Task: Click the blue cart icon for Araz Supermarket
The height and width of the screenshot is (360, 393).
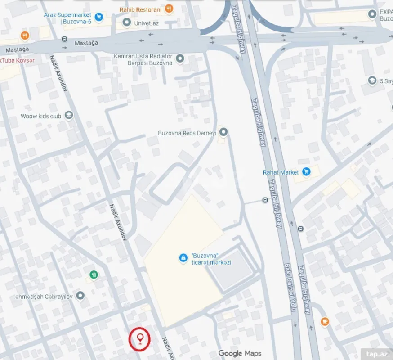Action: point(99,18)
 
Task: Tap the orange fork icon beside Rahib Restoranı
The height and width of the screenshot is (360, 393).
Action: point(169,9)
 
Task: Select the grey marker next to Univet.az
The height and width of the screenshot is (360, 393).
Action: point(127,22)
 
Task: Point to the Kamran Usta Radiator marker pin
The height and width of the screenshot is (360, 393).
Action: point(180,58)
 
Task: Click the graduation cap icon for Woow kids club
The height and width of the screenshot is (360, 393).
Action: point(69,116)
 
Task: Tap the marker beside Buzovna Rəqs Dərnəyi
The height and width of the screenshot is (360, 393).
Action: point(223,132)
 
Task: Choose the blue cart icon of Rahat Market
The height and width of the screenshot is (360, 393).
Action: point(306,171)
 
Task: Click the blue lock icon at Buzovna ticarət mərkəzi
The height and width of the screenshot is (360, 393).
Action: point(183,258)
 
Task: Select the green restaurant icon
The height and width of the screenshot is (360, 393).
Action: point(94,274)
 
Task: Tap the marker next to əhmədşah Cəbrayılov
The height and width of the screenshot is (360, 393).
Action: point(80,296)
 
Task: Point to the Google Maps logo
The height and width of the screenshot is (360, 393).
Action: point(240,353)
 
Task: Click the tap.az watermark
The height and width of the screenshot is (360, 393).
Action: point(377,354)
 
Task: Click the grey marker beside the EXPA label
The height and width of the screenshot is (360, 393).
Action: point(372,14)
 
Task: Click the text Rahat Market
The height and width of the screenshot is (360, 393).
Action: point(281,172)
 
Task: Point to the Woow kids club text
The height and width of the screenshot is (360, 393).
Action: point(40,116)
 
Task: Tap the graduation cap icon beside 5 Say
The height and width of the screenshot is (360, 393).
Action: point(372,81)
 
